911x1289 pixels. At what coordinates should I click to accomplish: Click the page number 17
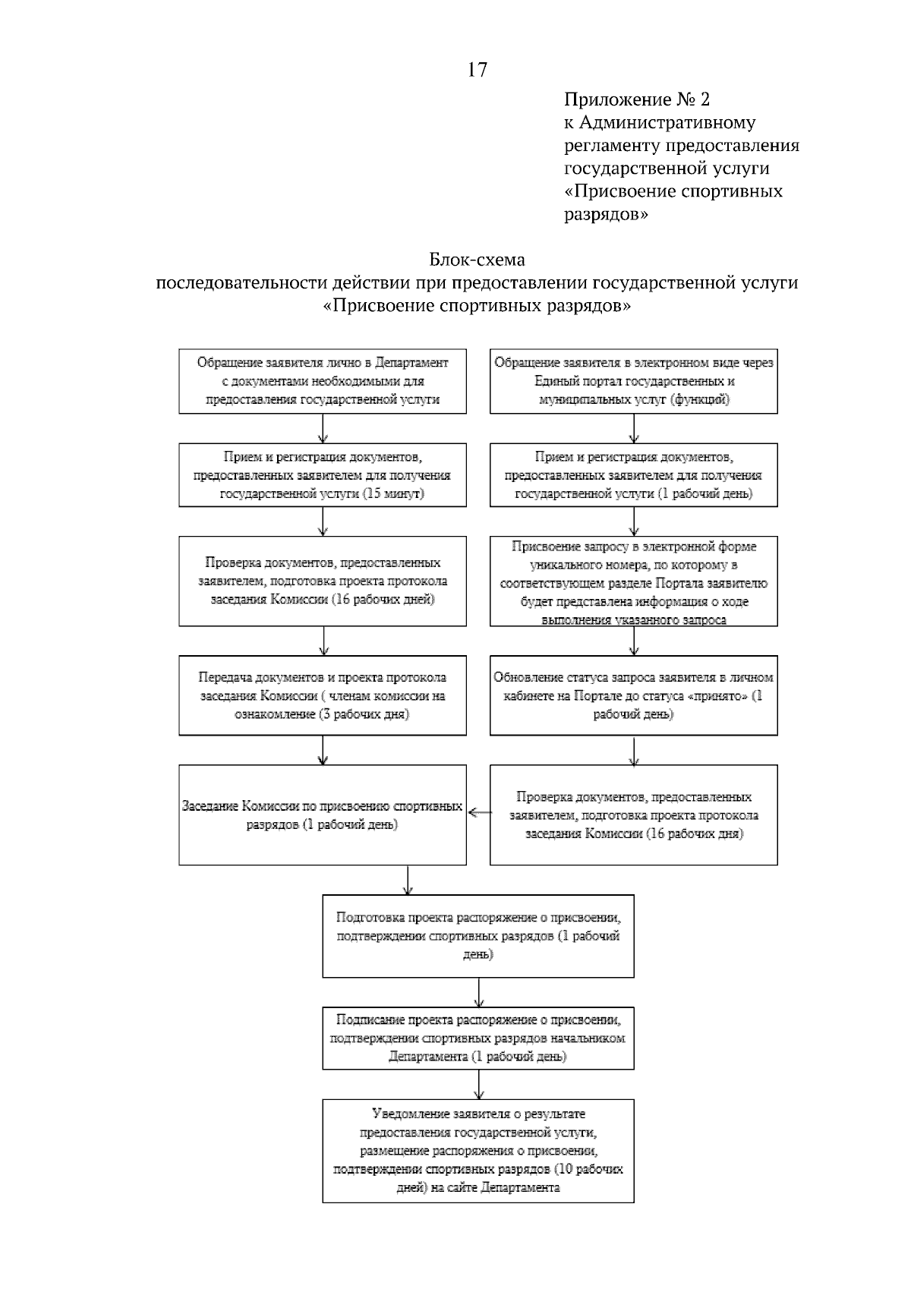click(478, 71)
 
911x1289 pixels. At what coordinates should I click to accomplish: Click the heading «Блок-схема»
click(478, 260)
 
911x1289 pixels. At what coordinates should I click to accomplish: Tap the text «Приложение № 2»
click(636, 99)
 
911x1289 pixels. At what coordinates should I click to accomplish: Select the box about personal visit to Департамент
click(323, 381)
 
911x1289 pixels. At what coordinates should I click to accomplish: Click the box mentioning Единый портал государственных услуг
click(634, 381)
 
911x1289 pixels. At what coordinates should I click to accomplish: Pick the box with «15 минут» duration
click(323, 476)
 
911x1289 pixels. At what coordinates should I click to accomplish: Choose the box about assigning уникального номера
click(634, 582)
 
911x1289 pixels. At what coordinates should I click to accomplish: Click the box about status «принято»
click(634, 696)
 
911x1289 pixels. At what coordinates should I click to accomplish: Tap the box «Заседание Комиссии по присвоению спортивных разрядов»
click(323, 815)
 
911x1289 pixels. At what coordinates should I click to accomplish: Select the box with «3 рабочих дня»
click(323, 696)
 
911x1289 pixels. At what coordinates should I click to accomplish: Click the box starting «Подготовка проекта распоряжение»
click(478, 935)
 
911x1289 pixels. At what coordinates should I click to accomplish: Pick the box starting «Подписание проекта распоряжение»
click(478, 1038)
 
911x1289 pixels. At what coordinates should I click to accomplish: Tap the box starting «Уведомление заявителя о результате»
click(478, 1150)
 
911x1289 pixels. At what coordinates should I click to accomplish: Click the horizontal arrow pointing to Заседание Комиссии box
click(478, 813)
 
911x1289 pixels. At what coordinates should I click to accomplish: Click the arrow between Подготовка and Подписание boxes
click(478, 992)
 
